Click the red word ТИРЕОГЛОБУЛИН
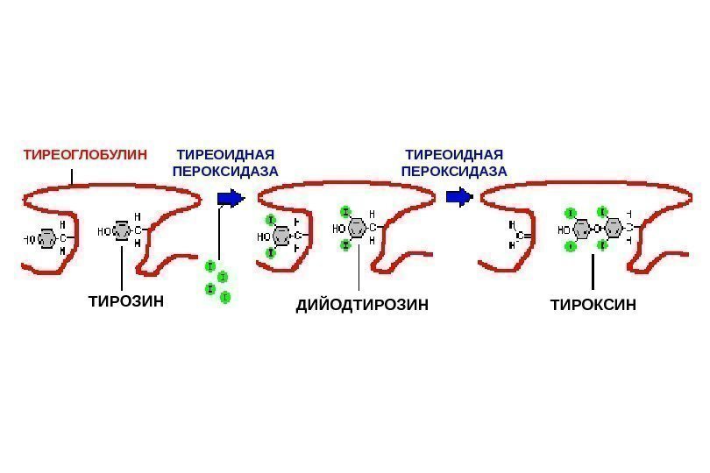point(85,154)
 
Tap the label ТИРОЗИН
point(126,301)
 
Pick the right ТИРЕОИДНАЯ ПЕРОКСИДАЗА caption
point(453,162)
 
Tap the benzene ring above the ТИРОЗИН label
point(124,232)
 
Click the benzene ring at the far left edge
point(47,237)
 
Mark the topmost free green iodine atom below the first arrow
point(210,265)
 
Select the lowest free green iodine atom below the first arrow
point(225,298)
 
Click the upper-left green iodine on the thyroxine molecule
point(571,213)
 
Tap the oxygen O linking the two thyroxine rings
point(596,229)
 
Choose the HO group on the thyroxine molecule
point(563,230)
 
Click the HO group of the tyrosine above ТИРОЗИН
point(104,232)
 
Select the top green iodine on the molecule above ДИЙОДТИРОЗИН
point(345,211)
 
